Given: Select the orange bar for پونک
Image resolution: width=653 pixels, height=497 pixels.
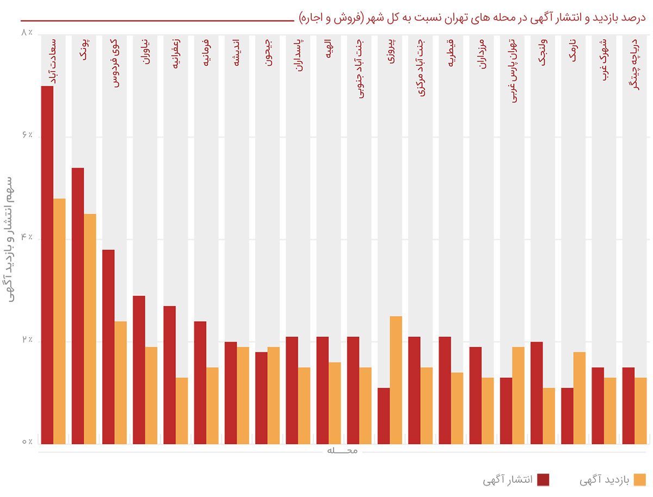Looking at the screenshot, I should coord(90,328).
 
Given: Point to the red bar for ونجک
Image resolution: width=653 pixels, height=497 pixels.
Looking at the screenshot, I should coord(537,393).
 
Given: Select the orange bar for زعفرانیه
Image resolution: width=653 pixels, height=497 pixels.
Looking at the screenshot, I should coord(182,411).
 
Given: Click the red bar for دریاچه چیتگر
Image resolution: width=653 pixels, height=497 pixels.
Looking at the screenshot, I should coord(629,406).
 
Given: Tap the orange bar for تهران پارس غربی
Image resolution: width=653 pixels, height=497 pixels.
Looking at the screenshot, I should coord(518,395).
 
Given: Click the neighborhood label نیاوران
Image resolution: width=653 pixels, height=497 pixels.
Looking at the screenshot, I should coord(146,52).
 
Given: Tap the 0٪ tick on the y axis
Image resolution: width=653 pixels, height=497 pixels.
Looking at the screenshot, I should coord(27,443).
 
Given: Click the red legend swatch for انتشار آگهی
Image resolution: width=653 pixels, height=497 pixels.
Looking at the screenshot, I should coord(543,479).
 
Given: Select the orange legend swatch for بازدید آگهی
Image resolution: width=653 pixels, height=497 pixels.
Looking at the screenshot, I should coord(640,479).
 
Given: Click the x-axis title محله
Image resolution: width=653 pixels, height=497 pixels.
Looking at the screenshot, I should coord(343,451).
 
